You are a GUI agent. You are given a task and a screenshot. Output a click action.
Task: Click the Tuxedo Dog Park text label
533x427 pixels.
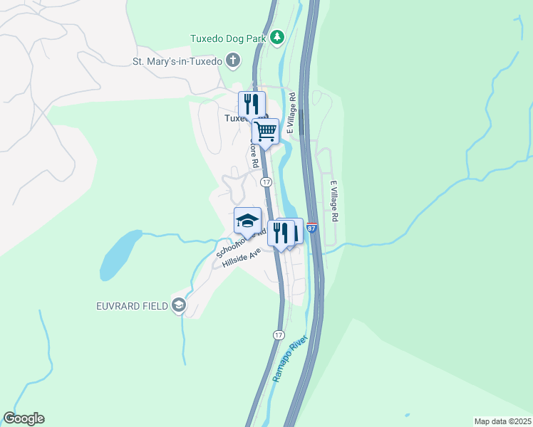[x=229, y=38]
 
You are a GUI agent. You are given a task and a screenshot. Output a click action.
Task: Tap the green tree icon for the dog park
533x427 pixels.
[x=277, y=38]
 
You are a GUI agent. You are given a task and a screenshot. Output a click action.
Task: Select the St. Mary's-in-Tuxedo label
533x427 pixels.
[x=178, y=61]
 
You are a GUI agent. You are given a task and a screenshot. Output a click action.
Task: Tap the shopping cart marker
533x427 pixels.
[x=265, y=132]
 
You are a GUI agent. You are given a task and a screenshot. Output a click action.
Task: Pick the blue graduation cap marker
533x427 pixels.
[x=248, y=220]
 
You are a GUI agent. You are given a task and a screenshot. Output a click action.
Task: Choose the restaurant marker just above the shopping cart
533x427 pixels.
[x=252, y=104]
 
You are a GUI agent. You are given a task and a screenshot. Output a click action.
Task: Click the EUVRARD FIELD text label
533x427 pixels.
[x=131, y=306]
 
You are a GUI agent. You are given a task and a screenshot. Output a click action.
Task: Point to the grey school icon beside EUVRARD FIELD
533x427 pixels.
[x=177, y=306]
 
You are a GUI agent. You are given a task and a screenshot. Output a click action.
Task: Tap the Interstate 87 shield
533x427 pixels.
[x=311, y=228]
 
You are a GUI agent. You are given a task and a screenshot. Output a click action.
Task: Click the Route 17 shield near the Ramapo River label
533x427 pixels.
[x=279, y=334]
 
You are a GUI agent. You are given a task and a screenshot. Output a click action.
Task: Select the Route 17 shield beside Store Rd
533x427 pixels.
[x=266, y=182]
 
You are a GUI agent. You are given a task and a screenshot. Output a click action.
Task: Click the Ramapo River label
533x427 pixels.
[x=289, y=357]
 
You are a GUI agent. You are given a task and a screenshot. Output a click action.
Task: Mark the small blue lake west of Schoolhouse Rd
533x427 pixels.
[x=118, y=254]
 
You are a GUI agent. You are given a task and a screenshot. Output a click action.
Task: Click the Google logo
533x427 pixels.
[x=24, y=418]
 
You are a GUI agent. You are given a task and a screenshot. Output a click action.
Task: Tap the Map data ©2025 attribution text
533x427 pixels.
[x=502, y=421]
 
